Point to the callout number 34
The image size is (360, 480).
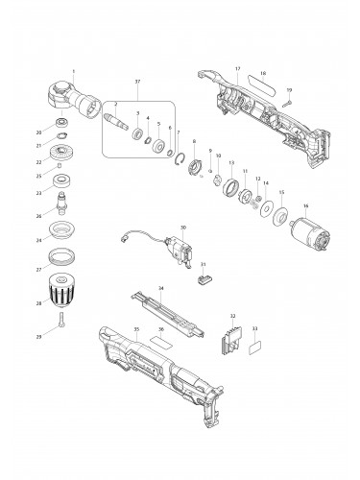point(160,288)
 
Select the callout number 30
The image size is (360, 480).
point(182,228)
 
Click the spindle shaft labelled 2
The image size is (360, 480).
point(123,121)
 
